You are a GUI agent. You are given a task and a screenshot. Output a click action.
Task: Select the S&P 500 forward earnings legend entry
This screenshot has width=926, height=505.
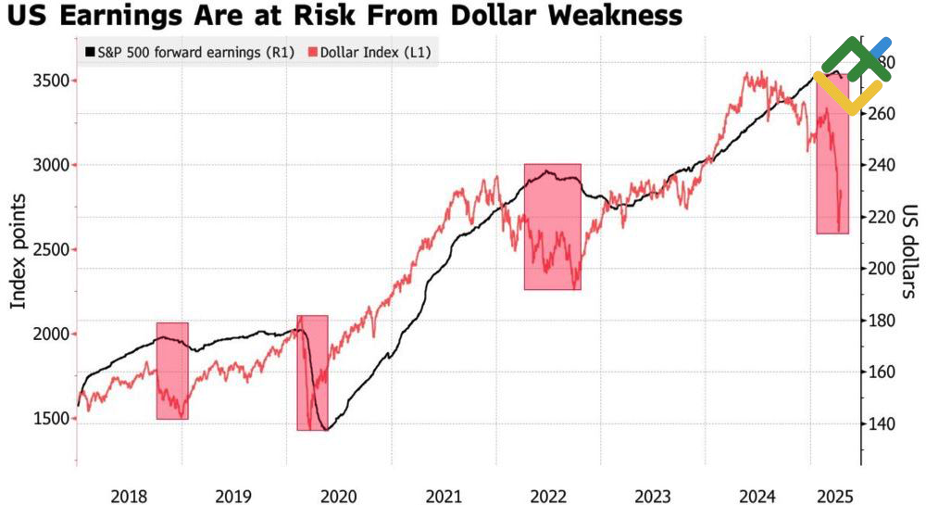click(x=189, y=52)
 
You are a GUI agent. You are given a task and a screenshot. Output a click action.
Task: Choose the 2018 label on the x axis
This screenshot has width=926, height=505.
click(x=129, y=496)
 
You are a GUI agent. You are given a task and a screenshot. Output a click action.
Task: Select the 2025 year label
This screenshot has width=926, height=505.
click(x=837, y=496)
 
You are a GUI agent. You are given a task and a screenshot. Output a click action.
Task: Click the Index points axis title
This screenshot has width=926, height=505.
click(x=19, y=251)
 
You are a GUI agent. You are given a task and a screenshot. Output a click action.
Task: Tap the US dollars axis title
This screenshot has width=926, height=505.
click(x=909, y=251)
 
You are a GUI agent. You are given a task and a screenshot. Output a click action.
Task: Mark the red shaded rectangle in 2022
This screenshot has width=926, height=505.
click(x=552, y=227)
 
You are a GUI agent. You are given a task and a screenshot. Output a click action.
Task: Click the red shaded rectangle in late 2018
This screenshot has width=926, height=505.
click(x=172, y=371)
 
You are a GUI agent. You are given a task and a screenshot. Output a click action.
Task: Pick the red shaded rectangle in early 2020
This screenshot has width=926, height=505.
click(x=312, y=372)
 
